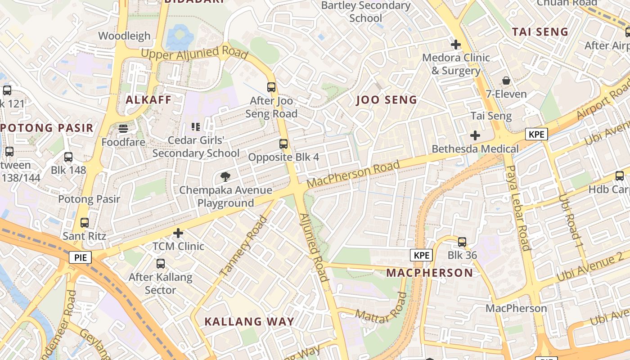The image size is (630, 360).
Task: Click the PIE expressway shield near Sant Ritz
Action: click(x=81, y=257)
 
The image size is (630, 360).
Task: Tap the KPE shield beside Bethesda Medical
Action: click(x=536, y=134)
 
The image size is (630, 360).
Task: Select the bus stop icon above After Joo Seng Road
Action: click(x=271, y=87)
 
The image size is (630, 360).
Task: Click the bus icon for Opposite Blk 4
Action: click(x=283, y=144)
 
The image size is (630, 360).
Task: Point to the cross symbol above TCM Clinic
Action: click(x=179, y=233)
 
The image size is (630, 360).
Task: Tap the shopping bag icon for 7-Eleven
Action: click(x=506, y=81)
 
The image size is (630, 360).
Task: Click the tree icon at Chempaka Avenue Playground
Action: click(x=225, y=177)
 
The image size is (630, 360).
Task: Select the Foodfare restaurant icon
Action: click(x=123, y=129)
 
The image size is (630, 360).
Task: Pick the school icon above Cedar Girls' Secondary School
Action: click(x=196, y=127)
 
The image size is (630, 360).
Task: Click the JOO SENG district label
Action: click(x=387, y=100)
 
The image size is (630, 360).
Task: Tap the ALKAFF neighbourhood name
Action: click(x=148, y=100)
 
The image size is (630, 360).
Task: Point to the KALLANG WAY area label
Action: click(x=249, y=321)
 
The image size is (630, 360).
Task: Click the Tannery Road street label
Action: click(x=243, y=246)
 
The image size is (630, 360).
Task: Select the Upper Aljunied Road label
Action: click(x=194, y=53)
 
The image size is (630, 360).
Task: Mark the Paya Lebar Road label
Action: click(x=517, y=207)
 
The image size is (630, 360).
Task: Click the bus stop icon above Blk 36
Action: click(x=462, y=242)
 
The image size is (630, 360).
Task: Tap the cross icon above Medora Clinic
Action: click(x=456, y=45)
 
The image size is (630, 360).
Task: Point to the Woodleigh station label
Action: click(x=124, y=36)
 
